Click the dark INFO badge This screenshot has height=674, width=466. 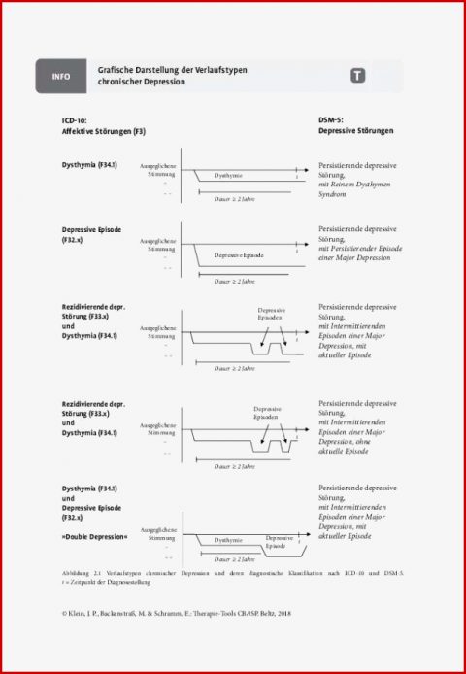61,76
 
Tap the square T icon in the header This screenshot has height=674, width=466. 357,76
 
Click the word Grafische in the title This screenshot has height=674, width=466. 117,70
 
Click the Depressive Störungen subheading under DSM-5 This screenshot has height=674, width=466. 356,131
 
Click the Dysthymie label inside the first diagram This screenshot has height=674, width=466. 229,176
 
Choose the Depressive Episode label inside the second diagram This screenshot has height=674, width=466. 239,254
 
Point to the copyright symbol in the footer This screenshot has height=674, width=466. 65,613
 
